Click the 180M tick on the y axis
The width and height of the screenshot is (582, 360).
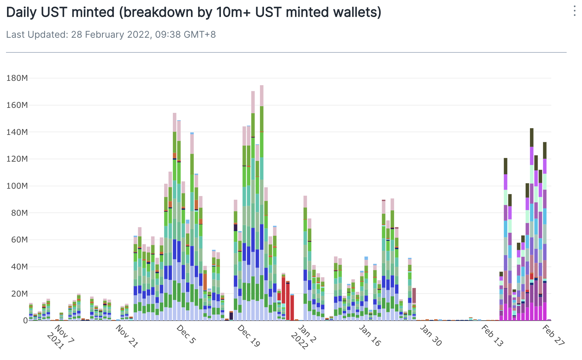[17, 78]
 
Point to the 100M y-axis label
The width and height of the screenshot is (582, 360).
[17, 186]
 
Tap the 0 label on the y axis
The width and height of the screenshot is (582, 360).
[25, 321]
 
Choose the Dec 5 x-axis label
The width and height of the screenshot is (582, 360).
[186, 334]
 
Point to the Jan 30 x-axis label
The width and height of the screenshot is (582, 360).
[430, 335]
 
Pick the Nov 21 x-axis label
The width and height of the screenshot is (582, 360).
[126, 336]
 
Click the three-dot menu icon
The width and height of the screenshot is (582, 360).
[574, 11]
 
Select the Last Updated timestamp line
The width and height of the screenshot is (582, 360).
[111, 34]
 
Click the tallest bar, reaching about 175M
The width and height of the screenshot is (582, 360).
[262, 200]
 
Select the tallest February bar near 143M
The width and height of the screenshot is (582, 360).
[532, 224]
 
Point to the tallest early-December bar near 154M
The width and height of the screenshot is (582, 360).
[175, 217]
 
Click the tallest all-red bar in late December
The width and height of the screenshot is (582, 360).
[283, 297]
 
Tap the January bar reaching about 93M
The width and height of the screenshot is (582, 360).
[305, 257]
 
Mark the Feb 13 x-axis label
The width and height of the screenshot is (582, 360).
[492, 335]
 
